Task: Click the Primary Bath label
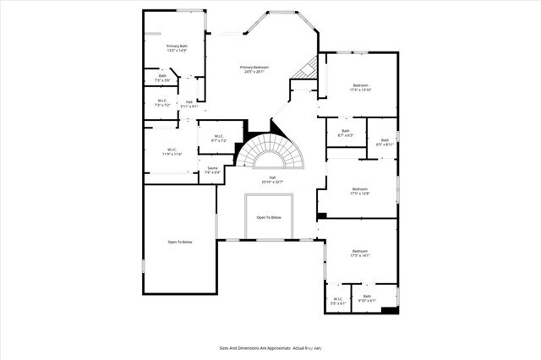coord(176,48)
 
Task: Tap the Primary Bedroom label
coord(256,69)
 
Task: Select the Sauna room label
coord(213,170)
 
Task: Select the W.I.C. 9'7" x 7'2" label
coord(218,139)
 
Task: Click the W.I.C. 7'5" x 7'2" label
coord(162,103)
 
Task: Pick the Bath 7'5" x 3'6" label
coord(162,78)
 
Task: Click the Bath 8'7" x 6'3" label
coord(345,133)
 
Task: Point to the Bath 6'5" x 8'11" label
coord(384,143)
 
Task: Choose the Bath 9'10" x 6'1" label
coord(367,298)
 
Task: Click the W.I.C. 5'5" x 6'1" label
coord(337,300)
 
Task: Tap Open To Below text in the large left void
coord(179,243)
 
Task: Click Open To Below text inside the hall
coord(269,217)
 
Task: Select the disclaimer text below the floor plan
coord(270,347)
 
